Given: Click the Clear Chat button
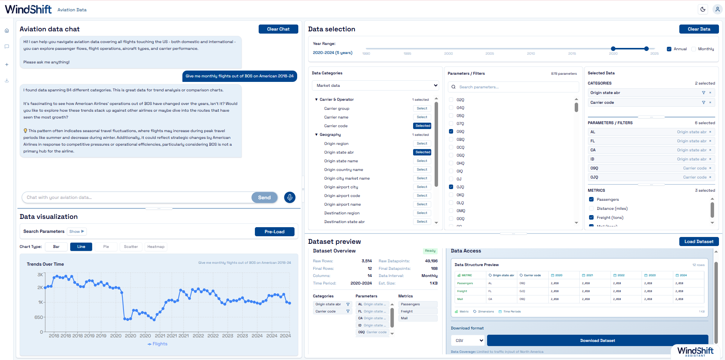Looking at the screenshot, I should tap(278, 29).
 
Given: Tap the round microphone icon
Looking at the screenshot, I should tap(290, 197).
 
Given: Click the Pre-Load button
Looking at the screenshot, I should tap(275, 232).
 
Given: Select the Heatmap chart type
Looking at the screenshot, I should tap(156, 247).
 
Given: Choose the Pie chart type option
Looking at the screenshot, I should tap(106, 247).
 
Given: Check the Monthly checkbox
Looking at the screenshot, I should tap(694, 49).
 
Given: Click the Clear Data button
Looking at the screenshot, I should tap(699, 29).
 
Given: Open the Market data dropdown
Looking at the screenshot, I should tap(375, 86).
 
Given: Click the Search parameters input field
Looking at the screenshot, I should tap(517, 87).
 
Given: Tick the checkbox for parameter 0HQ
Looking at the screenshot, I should tap(451, 163).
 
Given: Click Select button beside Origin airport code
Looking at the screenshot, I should tap(422, 196).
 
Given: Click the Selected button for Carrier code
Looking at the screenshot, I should tap(423, 126).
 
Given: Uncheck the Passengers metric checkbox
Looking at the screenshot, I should tap(591, 200).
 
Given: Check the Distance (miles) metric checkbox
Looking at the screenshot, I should tap(591, 209).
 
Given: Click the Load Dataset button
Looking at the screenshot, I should tap(699, 242).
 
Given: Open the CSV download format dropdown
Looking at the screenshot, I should tap(468, 340).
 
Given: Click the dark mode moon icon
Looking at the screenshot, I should tap(703, 9).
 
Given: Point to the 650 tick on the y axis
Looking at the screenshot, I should tap(39, 317).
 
